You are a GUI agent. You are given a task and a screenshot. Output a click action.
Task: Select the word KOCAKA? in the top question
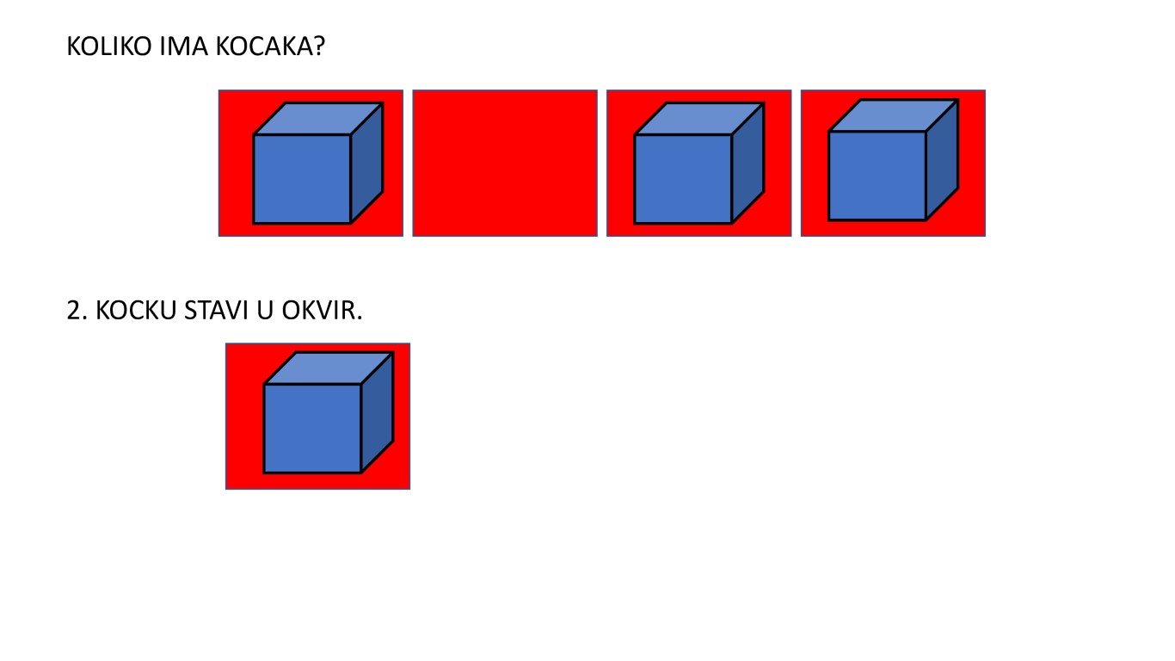pyautogui.click(x=270, y=46)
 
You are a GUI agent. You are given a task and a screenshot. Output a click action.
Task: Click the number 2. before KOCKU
pyautogui.click(x=77, y=311)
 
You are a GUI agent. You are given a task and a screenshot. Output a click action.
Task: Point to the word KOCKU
pyautogui.click(x=136, y=311)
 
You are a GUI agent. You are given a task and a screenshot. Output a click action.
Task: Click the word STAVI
pyautogui.click(x=216, y=311)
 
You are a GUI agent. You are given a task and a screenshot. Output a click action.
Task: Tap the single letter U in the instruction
pyautogui.click(x=265, y=311)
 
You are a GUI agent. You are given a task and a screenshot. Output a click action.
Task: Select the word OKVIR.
pyautogui.click(x=322, y=311)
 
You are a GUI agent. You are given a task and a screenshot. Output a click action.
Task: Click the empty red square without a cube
pyautogui.click(x=505, y=163)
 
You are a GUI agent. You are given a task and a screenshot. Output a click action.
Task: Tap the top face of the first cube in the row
pyautogui.click(x=318, y=119)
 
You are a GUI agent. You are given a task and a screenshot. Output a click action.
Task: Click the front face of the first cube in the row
pyautogui.click(x=302, y=179)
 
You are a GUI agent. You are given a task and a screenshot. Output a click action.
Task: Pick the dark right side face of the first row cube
pyautogui.click(x=366, y=163)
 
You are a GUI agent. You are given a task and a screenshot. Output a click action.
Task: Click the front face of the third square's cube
pyautogui.click(x=683, y=179)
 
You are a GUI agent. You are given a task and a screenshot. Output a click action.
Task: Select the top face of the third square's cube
pyautogui.click(x=699, y=119)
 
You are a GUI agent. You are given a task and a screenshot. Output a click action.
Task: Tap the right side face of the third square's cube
pyautogui.click(x=747, y=163)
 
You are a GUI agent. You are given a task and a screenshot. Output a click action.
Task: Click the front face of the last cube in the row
pyautogui.click(x=877, y=176)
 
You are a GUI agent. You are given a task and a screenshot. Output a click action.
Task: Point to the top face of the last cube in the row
pyautogui.click(x=894, y=115)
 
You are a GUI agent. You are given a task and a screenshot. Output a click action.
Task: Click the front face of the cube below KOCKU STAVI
pyautogui.click(x=312, y=429)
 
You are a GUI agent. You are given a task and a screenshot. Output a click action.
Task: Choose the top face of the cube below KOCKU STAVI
pyautogui.click(x=329, y=368)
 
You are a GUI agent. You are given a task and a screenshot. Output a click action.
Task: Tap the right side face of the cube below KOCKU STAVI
pyautogui.click(x=377, y=412)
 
